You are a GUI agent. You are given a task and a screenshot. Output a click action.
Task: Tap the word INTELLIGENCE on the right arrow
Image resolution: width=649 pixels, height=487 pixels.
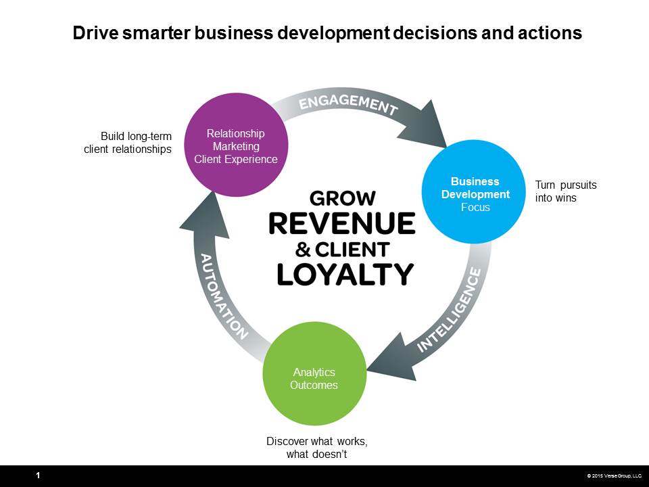(x=450, y=310)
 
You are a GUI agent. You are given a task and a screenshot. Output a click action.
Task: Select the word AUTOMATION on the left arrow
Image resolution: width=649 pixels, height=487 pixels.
(x=224, y=296)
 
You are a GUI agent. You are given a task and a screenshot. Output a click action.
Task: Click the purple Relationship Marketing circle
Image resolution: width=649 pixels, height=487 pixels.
(x=236, y=145)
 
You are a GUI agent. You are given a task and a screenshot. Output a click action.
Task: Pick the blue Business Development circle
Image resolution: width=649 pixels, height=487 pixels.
(x=474, y=191)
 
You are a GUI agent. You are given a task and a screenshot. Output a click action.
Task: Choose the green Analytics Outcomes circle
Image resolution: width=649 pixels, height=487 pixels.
(x=314, y=373)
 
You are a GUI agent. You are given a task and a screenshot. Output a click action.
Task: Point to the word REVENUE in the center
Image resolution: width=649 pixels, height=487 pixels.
(x=342, y=224)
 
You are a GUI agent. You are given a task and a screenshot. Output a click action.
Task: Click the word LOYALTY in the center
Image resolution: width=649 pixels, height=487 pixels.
(x=345, y=274)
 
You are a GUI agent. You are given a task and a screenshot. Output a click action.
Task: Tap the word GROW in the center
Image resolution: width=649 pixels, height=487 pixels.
(x=342, y=198)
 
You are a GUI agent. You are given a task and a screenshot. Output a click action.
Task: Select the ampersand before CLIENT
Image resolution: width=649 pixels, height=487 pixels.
(x=303, y=250)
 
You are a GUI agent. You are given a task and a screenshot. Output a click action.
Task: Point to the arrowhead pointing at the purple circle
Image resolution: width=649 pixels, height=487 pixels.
(x=206, y=215)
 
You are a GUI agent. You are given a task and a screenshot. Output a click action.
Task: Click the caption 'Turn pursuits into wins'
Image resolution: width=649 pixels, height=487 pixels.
(x=566, y=191)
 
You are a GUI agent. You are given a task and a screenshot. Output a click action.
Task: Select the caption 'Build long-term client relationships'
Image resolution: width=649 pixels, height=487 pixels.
(x=128, y=143)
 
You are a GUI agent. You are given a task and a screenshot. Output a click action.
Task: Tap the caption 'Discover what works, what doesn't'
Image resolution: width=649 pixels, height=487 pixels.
(x=317, y=448)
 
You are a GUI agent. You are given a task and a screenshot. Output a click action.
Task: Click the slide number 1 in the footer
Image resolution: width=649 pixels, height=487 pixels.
(x=38, y=476)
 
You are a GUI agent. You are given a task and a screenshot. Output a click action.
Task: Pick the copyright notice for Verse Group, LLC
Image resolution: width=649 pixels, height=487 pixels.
(x=615, y=476)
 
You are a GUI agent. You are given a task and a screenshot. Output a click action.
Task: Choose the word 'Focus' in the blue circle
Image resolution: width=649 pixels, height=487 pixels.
(x=475, y=207)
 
